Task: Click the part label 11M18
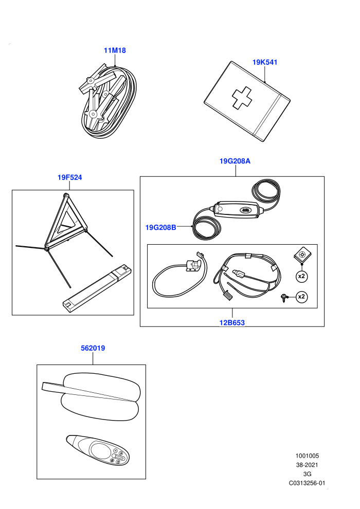click(x=115, y=50)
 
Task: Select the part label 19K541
click(x=265, y=62)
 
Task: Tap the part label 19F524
click(x=70, y=177)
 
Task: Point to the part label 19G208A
click(x=235, y=161)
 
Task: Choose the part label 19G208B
click(x=160, y=228)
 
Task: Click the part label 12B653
click(x=232, y=323)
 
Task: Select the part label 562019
click(x=93, y=348)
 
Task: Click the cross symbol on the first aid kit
click(x=242, y=97)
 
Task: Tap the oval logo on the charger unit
click(x=245, y=210)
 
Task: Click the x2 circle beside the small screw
click(x=301, y=297)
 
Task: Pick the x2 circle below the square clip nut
click(x=301, y=276)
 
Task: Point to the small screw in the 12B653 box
click(x=284, y=297)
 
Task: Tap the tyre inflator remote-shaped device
click(x=97, y=450)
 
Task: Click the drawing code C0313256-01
click(x=307, y=483)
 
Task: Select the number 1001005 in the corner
click(x=307, y=456)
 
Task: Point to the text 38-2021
click(x=307, y=465)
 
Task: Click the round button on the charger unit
click(x=220, y=209)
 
